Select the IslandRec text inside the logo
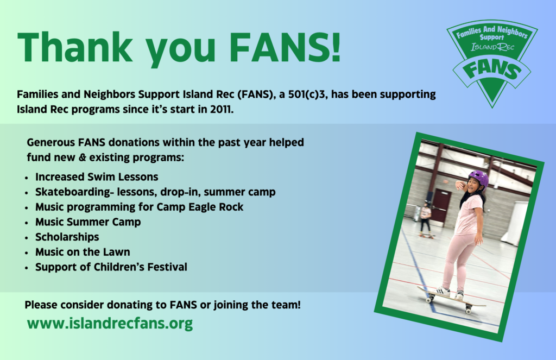coord(492,47)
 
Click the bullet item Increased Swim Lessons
coord(97,177)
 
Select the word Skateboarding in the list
coord(73,192)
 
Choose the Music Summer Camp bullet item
coord(88,222)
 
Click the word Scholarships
coord(67,237)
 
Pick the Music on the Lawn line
coord(83,252)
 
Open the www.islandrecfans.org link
coord(110,324)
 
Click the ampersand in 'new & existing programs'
coord(83,157)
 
